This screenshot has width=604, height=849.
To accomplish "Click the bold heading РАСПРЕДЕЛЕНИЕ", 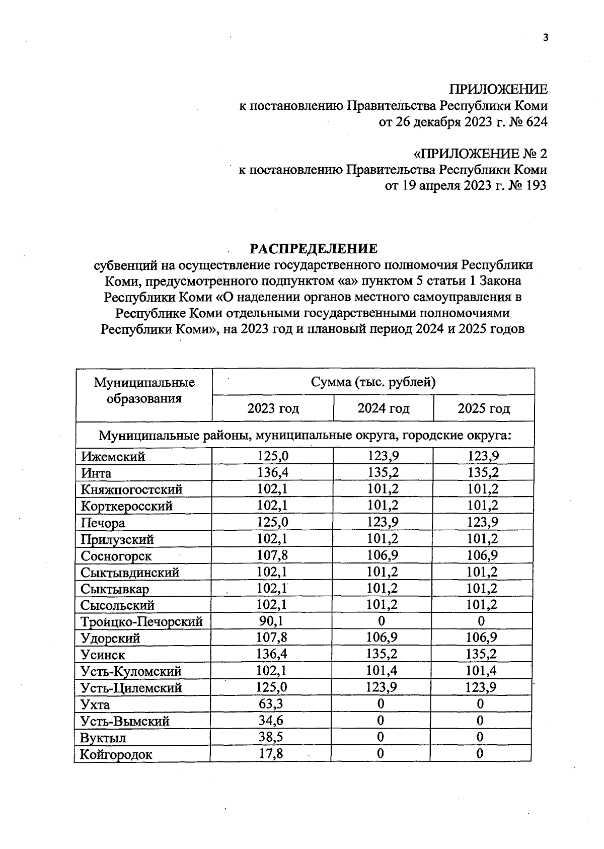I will pos(314,249).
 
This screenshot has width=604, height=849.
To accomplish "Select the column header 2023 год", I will pos(273,408).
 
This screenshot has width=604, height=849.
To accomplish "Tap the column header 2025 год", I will pos(484,408).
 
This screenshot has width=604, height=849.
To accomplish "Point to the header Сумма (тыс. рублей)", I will pos(373,382).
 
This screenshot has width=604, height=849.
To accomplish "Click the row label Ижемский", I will pos(113,457).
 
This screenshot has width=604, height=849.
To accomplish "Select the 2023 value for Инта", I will pos(273,473).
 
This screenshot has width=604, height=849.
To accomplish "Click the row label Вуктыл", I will pos(103,738).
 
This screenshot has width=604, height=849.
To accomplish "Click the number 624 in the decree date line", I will pos(536,122).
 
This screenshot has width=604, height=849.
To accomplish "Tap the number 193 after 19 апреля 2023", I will pos(536,186).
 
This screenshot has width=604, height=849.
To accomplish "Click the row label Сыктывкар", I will pos(115,589).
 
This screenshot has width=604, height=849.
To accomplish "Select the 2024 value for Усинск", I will pos(382,654).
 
